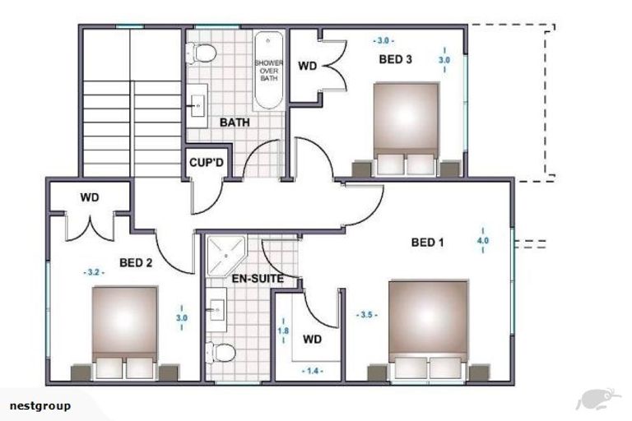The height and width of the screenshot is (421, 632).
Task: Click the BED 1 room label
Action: coord(427,243)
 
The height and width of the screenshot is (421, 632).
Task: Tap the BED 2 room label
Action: coord(136,263)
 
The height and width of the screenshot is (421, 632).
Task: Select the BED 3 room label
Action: coord(395,60)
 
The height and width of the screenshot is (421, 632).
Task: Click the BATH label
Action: coord(235,123)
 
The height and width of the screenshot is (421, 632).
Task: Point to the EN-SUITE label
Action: coord(258,279)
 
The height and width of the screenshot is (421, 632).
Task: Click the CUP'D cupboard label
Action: coord(207,163)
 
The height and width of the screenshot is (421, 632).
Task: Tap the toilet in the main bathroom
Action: coord(201,53)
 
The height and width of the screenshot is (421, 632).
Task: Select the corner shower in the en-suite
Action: coord(226,257)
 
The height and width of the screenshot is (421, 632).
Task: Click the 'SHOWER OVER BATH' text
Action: coord(269,71)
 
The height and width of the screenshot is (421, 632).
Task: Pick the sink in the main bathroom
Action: coord(197,106)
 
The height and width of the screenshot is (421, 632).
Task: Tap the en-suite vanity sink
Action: coord(216,310)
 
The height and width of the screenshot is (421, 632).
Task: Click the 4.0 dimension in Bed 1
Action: coord(483,241)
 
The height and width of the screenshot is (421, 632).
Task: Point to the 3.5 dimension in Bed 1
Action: coord(366,315)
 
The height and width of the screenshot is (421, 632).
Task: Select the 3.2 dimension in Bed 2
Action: coord(94,272)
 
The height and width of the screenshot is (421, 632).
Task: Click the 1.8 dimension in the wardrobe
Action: coord(283,331)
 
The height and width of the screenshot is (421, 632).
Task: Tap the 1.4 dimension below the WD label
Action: coord(313,371)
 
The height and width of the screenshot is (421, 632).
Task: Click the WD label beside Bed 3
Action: coord(308,66)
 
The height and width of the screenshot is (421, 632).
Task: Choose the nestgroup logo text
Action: coord(39,405)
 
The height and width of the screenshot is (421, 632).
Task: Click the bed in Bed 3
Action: coord(406,129)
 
